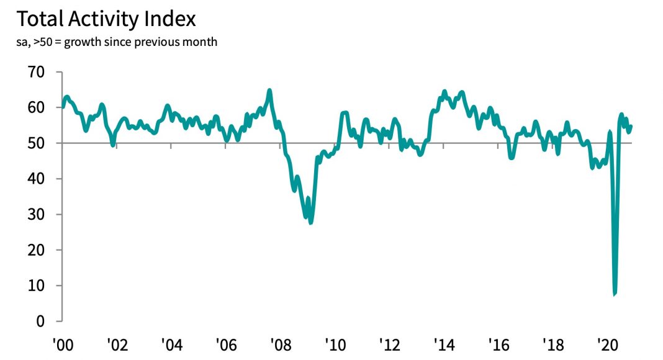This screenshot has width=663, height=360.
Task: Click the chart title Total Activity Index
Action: (106, 19)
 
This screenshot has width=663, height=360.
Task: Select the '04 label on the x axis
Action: (171, 343)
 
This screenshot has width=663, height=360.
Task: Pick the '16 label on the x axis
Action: (500, 343)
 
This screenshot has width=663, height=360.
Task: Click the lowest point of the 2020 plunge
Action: (615, 294)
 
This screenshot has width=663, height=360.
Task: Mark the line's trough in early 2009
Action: (310, 222)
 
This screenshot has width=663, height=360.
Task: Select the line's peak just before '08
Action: (269, 91)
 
